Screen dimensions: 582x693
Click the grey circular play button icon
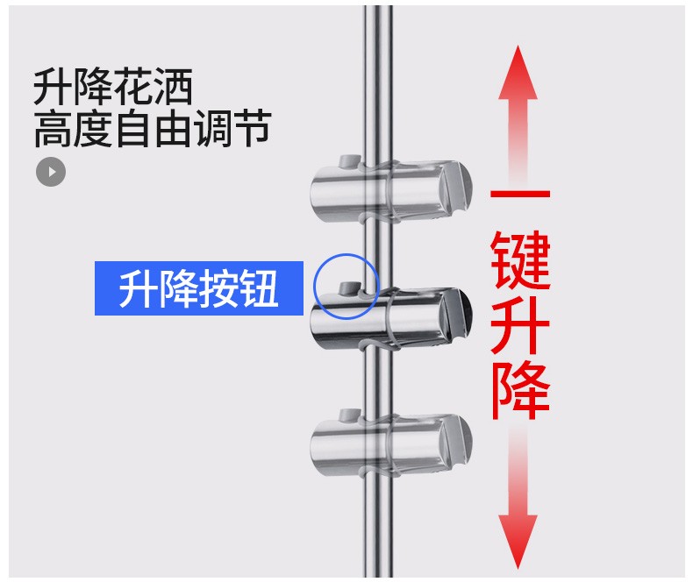click(51, 172)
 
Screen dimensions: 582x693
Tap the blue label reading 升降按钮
click(199, 288)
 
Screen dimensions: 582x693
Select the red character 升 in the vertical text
click(520, 324)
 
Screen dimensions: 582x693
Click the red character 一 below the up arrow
click(520, 195)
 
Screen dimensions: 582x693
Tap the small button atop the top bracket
click(349, 161)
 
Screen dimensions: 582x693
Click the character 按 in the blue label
click(219, 288)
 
